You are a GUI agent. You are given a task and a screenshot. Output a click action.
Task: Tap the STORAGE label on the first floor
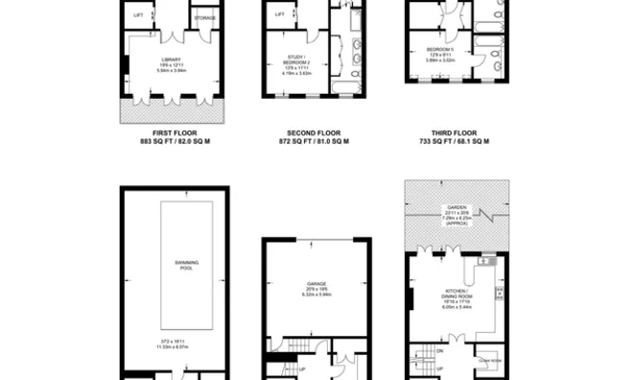click(204, 18)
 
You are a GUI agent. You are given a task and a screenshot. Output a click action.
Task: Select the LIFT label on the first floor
click(140, 16)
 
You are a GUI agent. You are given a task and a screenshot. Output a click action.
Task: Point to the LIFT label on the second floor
click(280, 14)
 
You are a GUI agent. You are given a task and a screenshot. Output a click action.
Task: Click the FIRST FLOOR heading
click(171, 133)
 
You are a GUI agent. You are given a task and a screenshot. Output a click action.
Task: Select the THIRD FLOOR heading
click(449, 133)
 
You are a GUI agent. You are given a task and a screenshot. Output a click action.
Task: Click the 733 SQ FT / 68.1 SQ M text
click(449, 141)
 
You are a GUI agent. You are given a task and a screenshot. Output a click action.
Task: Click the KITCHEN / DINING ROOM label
click(455, 293)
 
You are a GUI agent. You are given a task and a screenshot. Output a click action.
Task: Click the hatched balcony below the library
click(171, 113)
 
